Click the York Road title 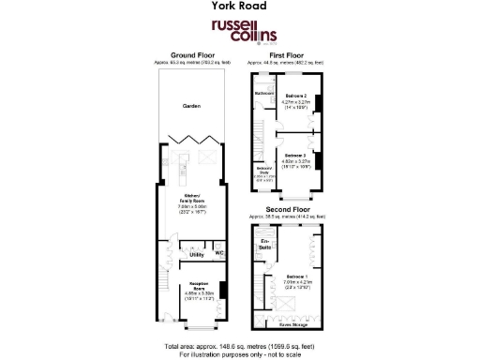click(240, 7)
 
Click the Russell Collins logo click(239, 29)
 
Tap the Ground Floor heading click(191, 55)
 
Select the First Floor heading click(288, 55)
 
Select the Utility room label click(196, 254)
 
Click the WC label click(218, 252)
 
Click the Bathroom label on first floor click(263, 94)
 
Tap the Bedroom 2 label click(297, 97)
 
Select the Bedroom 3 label click(297, 157)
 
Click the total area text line click(241, 344)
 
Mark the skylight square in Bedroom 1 click(282, 305)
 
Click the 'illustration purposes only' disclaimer click(241, 352)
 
